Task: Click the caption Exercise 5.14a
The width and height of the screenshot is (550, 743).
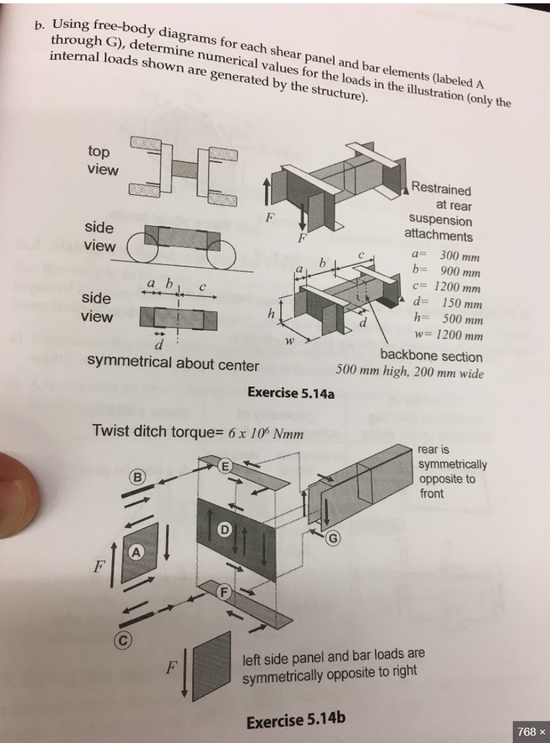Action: point(290,393)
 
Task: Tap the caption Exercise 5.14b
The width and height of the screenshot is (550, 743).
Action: point(296,720)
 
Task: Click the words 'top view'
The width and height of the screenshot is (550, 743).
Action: point(103,160)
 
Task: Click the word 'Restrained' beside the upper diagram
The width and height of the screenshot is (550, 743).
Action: point(441,189)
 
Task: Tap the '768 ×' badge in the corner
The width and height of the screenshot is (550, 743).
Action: point(531,731)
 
